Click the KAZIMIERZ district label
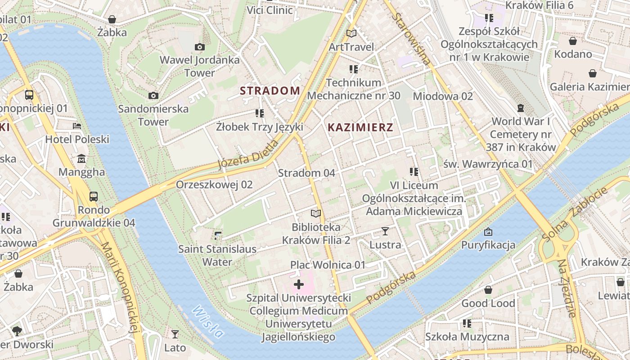[360, 127]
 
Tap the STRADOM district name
[270, 91]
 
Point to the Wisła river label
[207, 322]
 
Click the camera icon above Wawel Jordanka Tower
[200, 47]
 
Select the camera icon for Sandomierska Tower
[153, 95]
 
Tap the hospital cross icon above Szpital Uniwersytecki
[298, 284]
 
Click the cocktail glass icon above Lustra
[385, 231]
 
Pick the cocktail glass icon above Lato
[175, 334]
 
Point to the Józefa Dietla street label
[248, 155]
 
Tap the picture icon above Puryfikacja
[488, 232]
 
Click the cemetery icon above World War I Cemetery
[521, 108]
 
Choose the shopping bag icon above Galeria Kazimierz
[593, 73]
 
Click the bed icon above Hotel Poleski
[77, 126]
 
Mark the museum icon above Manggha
[81, 159]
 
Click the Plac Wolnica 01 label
[328, 265]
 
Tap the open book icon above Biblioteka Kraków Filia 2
[316, 213]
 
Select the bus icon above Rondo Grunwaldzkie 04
[94, 196]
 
